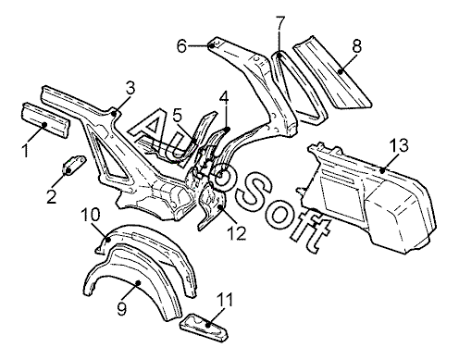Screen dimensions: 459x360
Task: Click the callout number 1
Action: coord(27,150)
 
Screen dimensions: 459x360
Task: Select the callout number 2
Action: coord(52,196)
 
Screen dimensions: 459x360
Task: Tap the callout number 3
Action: coord(130,89)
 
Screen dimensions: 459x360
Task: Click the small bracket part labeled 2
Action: coord(73,165)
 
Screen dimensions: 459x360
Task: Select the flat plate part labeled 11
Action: coord(205,327)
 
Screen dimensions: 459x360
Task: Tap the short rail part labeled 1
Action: coord(45,119)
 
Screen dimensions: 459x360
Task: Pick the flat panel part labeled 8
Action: coord(332,72)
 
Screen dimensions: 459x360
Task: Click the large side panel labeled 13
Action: coord(368,196)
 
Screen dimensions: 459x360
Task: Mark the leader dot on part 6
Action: coord(211,45)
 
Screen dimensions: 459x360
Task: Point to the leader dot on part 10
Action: coord(108,239)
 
